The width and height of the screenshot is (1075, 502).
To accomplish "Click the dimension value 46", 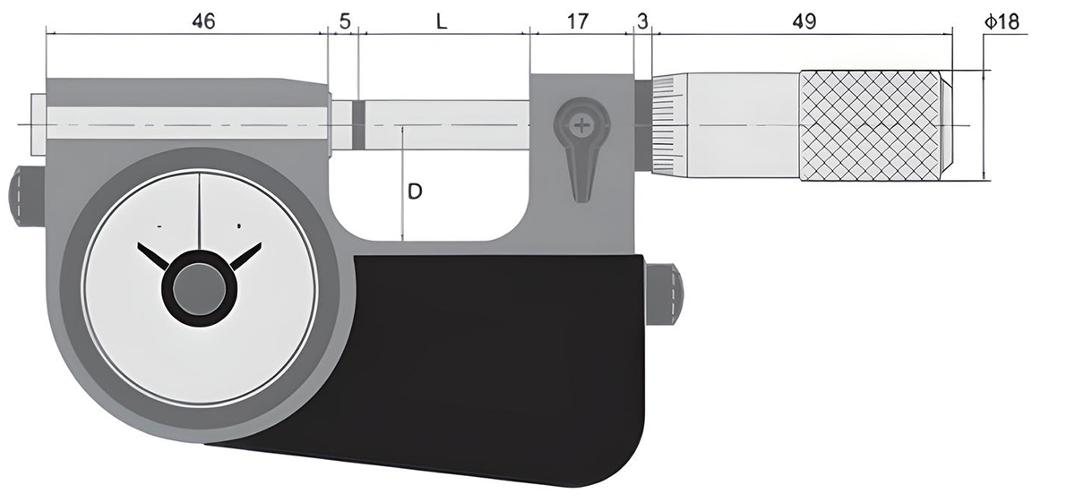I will coord(203,21).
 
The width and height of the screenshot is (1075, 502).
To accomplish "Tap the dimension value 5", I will coord(344,21).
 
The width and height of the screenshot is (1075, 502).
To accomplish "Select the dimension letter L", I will coord(442,21).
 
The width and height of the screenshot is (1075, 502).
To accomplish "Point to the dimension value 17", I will coord(579,21).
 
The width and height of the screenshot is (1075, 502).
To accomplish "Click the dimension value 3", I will coord(642,21).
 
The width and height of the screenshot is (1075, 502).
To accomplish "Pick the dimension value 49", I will coord(804,21).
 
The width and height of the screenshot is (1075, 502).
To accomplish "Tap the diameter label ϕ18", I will coord(1002,21).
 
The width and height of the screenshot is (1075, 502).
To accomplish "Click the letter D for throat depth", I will coord(416,191).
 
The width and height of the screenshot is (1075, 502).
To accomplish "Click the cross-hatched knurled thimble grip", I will coord(874,124).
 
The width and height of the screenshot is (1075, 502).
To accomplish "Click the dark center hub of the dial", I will coord(199,289).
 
